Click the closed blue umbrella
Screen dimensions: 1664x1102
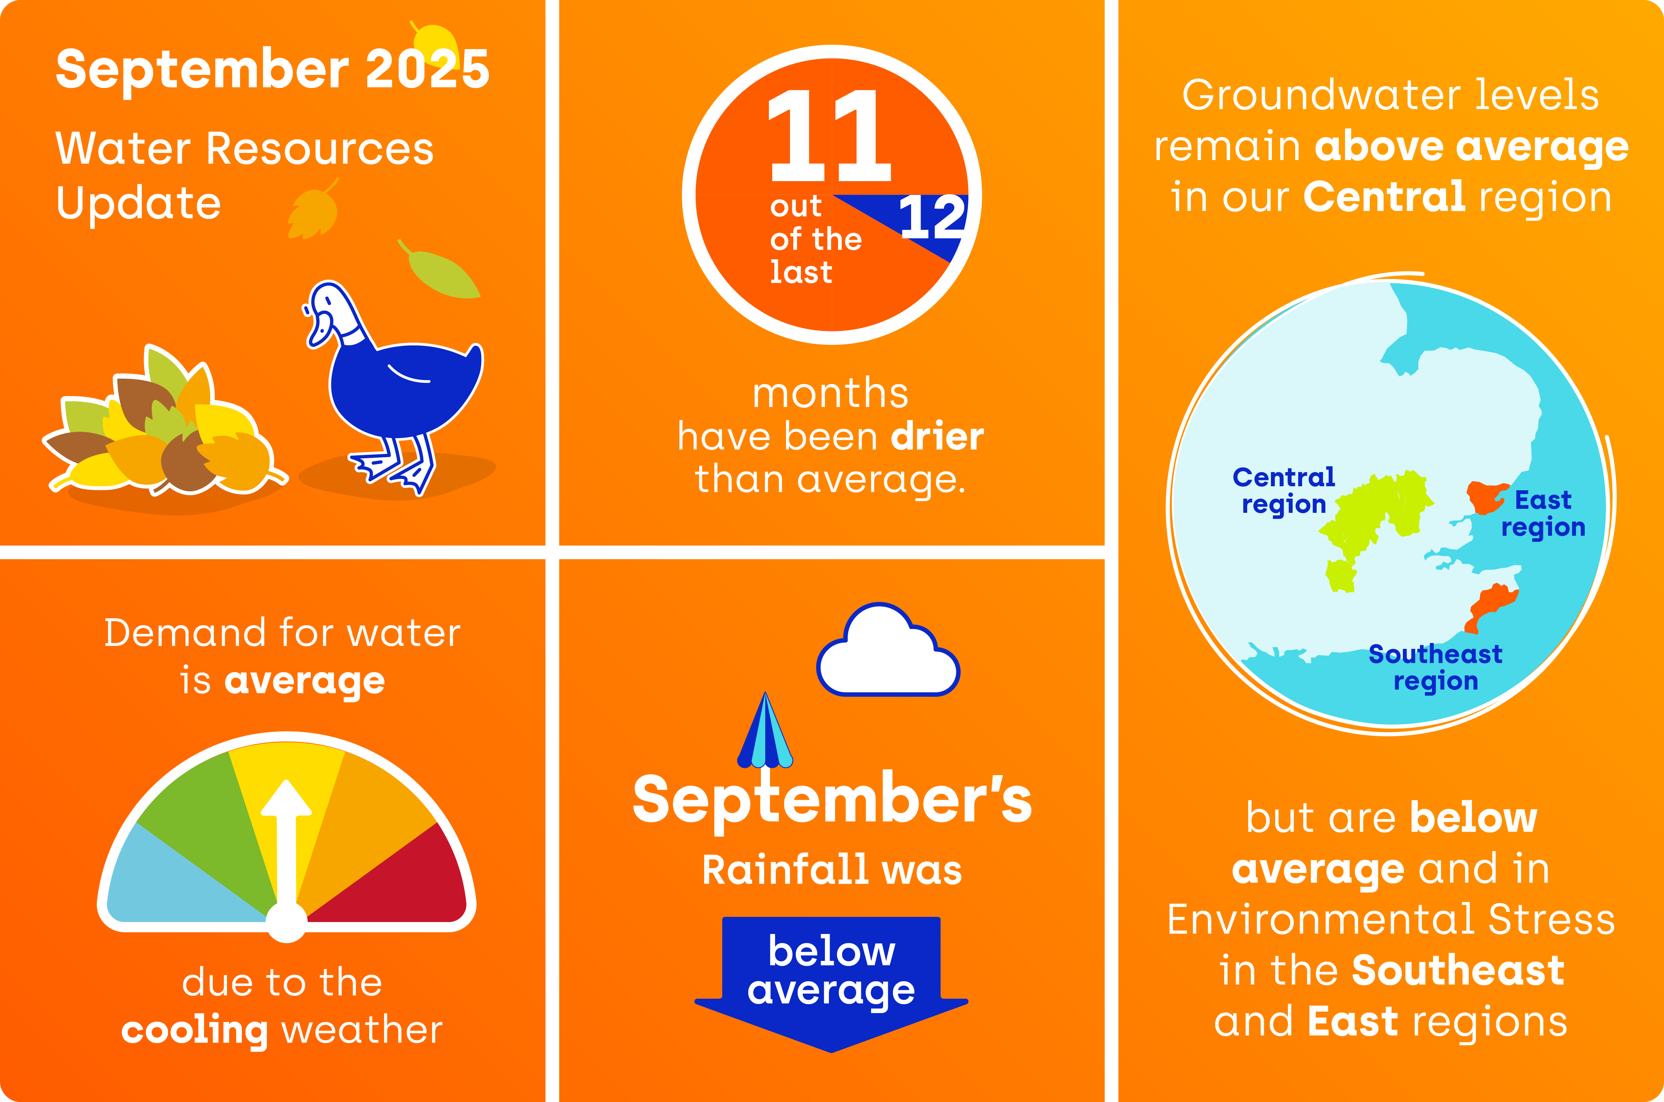click(765, 731)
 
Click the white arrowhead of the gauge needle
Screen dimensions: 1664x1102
click(286, 798)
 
